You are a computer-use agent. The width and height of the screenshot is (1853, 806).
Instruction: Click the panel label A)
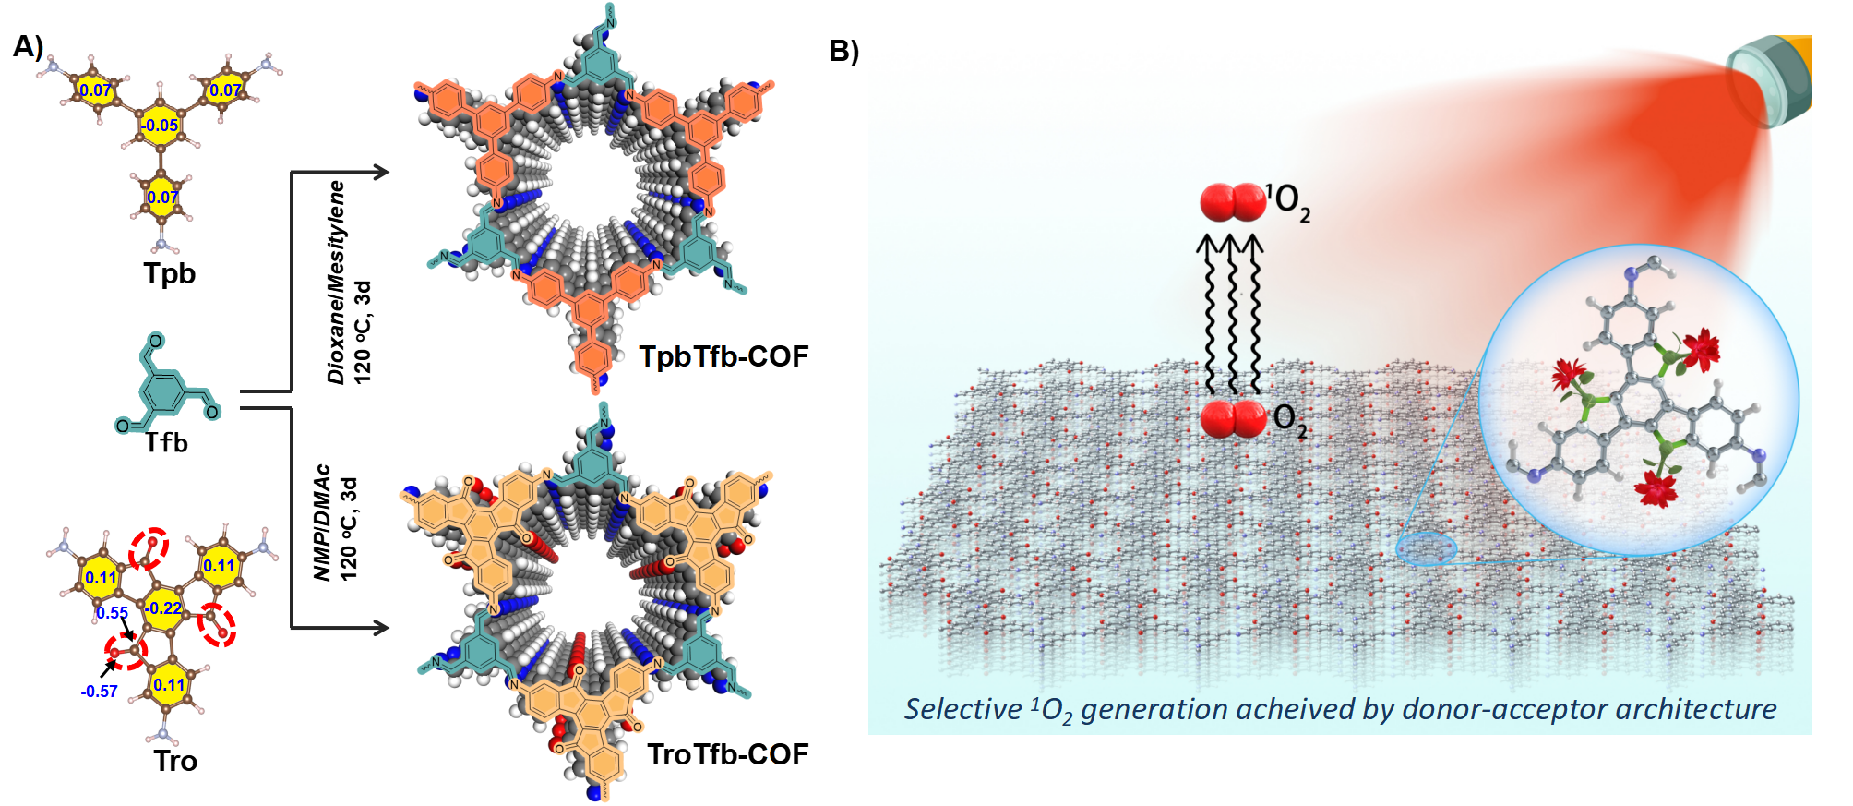[x=28, y=46]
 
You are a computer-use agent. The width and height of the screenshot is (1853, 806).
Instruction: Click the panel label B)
[x=843, y=51]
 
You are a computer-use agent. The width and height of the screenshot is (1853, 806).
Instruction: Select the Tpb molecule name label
[x=169, y=273]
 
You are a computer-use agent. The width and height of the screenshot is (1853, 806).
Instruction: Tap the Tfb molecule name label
[x=166, y=443]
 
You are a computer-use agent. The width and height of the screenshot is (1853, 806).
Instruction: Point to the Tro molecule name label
[x=175, y=761]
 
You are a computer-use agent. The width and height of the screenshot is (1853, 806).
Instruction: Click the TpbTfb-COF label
[x=723, y=356]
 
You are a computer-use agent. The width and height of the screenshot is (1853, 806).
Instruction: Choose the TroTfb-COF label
[x=727, y=754]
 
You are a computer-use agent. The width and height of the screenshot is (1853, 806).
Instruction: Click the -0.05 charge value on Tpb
[x=160, y=126]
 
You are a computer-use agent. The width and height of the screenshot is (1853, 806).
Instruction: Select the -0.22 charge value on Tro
[x=163, y=608]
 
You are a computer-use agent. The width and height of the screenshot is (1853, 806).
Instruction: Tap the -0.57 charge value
[x=99, y=692]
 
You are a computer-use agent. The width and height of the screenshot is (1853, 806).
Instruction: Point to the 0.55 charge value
[x=112, y=613]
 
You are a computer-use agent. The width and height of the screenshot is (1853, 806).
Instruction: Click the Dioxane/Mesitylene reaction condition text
[x=337, y=282]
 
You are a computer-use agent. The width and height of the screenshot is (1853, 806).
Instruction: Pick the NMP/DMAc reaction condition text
[x=322, y=522]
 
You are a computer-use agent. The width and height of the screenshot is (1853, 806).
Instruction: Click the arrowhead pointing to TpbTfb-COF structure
[x=379, y=172]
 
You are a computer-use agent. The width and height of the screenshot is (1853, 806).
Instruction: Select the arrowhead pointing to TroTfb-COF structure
[x=379, y=628]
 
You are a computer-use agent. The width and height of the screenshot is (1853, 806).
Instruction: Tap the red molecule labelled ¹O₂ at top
[x=1232, y=202]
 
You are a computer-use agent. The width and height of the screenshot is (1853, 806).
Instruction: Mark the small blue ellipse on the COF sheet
[x=1426, y=549]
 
